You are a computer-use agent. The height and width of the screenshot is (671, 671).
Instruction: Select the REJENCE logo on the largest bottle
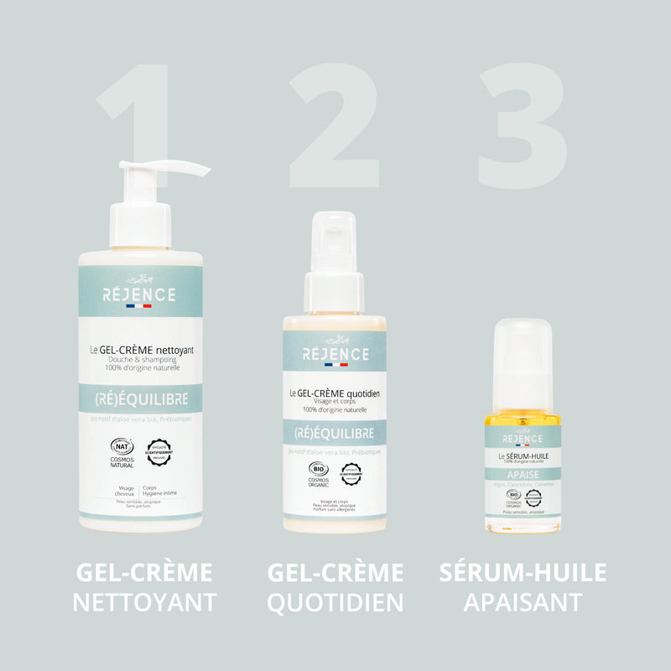[x=139, y=294]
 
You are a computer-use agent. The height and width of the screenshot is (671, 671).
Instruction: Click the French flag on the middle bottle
[x=334, y=365]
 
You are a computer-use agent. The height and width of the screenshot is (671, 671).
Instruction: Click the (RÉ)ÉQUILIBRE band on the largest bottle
[x=140, y=398]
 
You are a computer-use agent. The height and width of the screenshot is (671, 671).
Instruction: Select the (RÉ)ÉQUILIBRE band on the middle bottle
[x=334, y=434]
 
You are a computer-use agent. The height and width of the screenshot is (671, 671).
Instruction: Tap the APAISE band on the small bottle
[x=523, y=473]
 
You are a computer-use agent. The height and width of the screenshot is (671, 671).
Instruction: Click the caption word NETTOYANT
[x=144, y=601]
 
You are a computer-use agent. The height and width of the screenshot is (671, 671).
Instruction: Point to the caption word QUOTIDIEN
[x=335, y=601]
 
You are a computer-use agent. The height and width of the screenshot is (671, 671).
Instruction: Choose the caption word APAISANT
[x=523, y=601]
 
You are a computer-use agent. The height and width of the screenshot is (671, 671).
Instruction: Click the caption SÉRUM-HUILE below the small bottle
[x=523, y=573]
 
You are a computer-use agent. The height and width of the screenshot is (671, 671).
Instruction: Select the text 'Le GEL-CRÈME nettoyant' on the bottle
[x=142, y=350]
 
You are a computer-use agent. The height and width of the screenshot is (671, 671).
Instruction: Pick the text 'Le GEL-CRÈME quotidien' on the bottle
[x=335, y=393]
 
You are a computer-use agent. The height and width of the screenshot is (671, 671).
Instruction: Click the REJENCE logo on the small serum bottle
[x=523, y=439]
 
